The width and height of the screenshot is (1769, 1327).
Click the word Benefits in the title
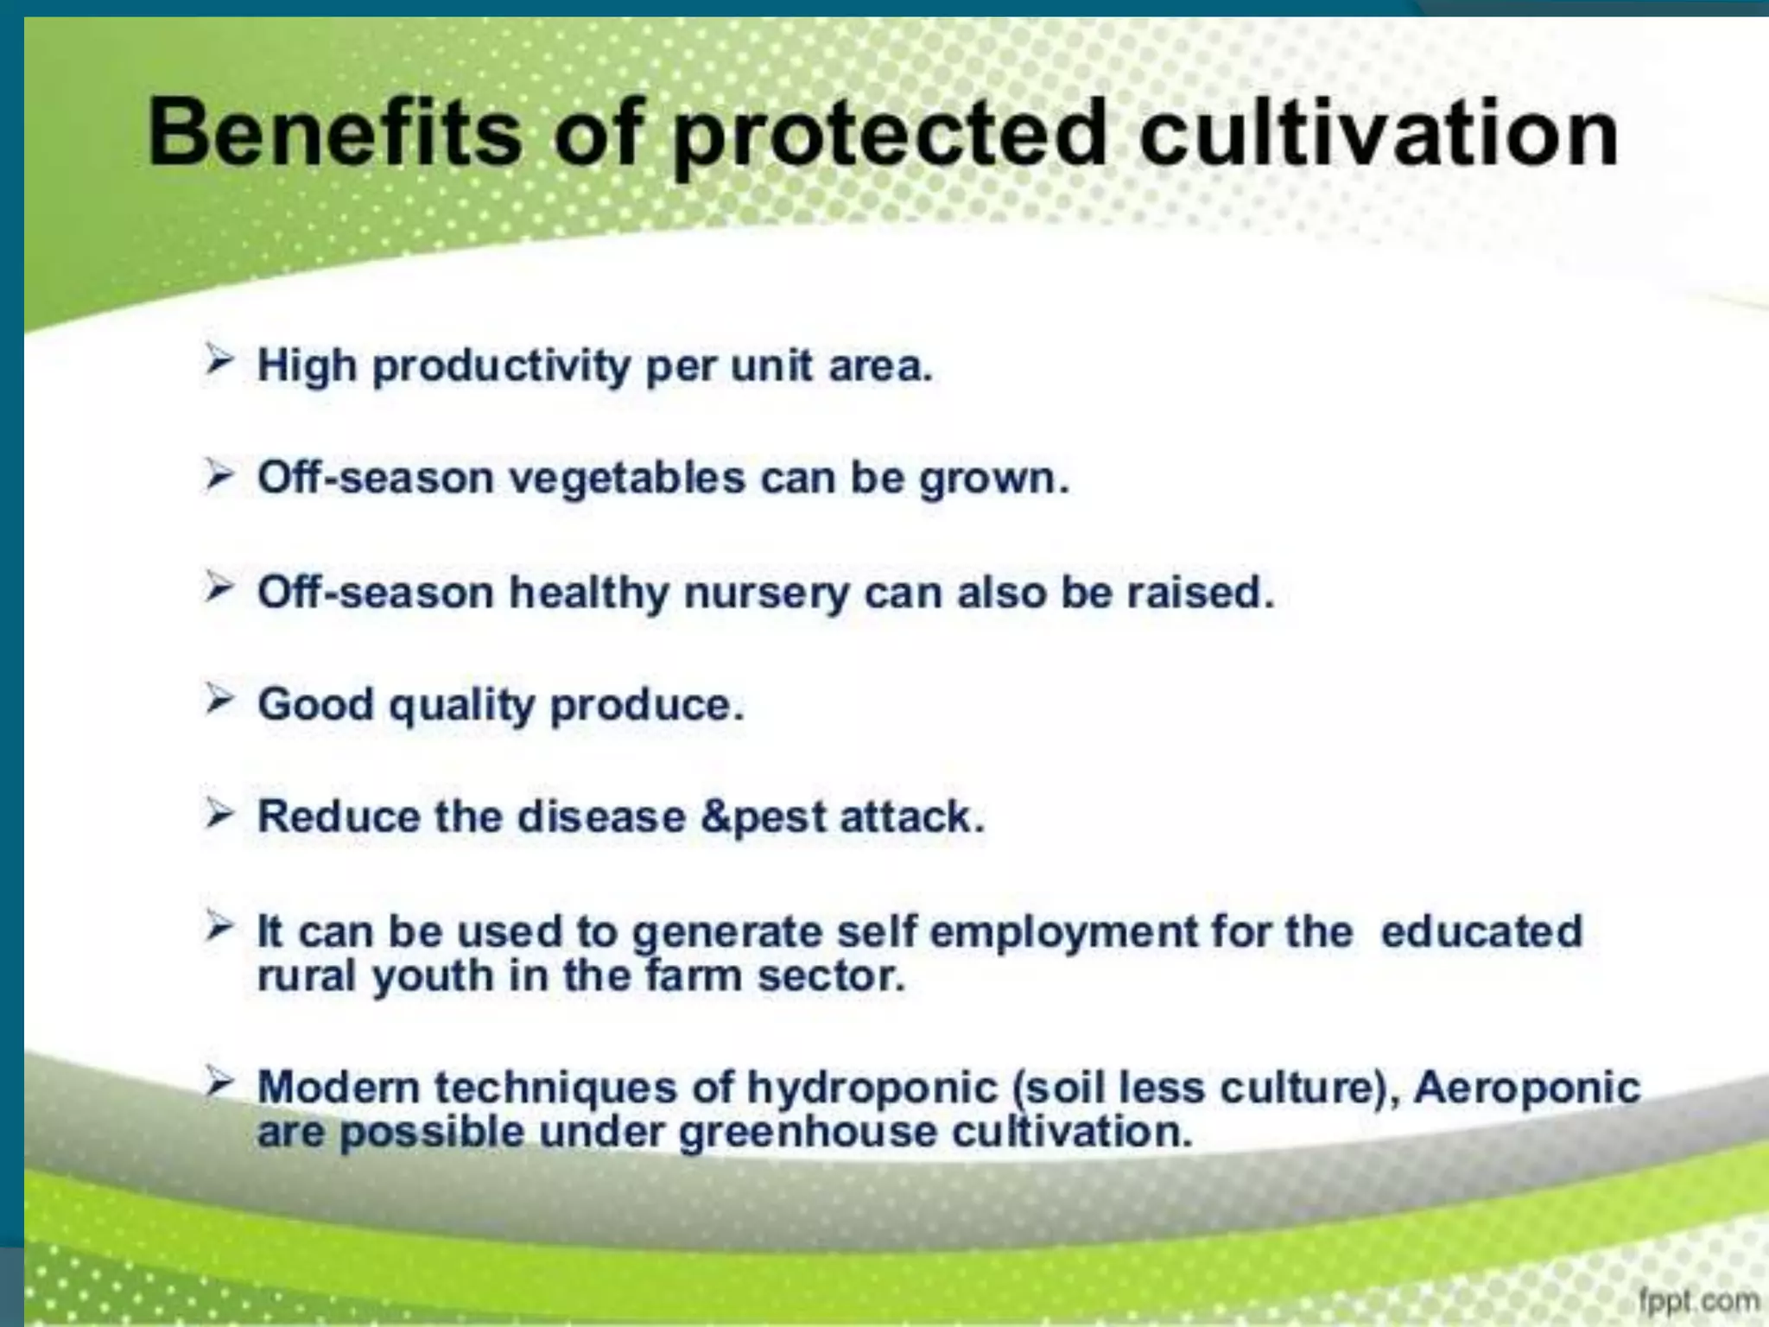click(x=335, y=134)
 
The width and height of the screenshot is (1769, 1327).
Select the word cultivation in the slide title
click(x=1379, y=134)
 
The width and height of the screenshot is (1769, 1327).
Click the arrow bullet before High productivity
click(x=219, y=359)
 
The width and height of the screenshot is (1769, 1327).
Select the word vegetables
click(x=627, y=479)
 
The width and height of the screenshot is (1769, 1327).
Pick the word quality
click(x=462, y=707)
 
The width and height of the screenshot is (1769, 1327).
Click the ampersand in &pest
click(x=715, y=816)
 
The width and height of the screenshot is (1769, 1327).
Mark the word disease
click(x=601, y=816)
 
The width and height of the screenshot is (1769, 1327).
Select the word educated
click(x=1481, y=931)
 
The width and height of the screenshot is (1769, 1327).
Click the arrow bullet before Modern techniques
click(x=219, y=1082)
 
